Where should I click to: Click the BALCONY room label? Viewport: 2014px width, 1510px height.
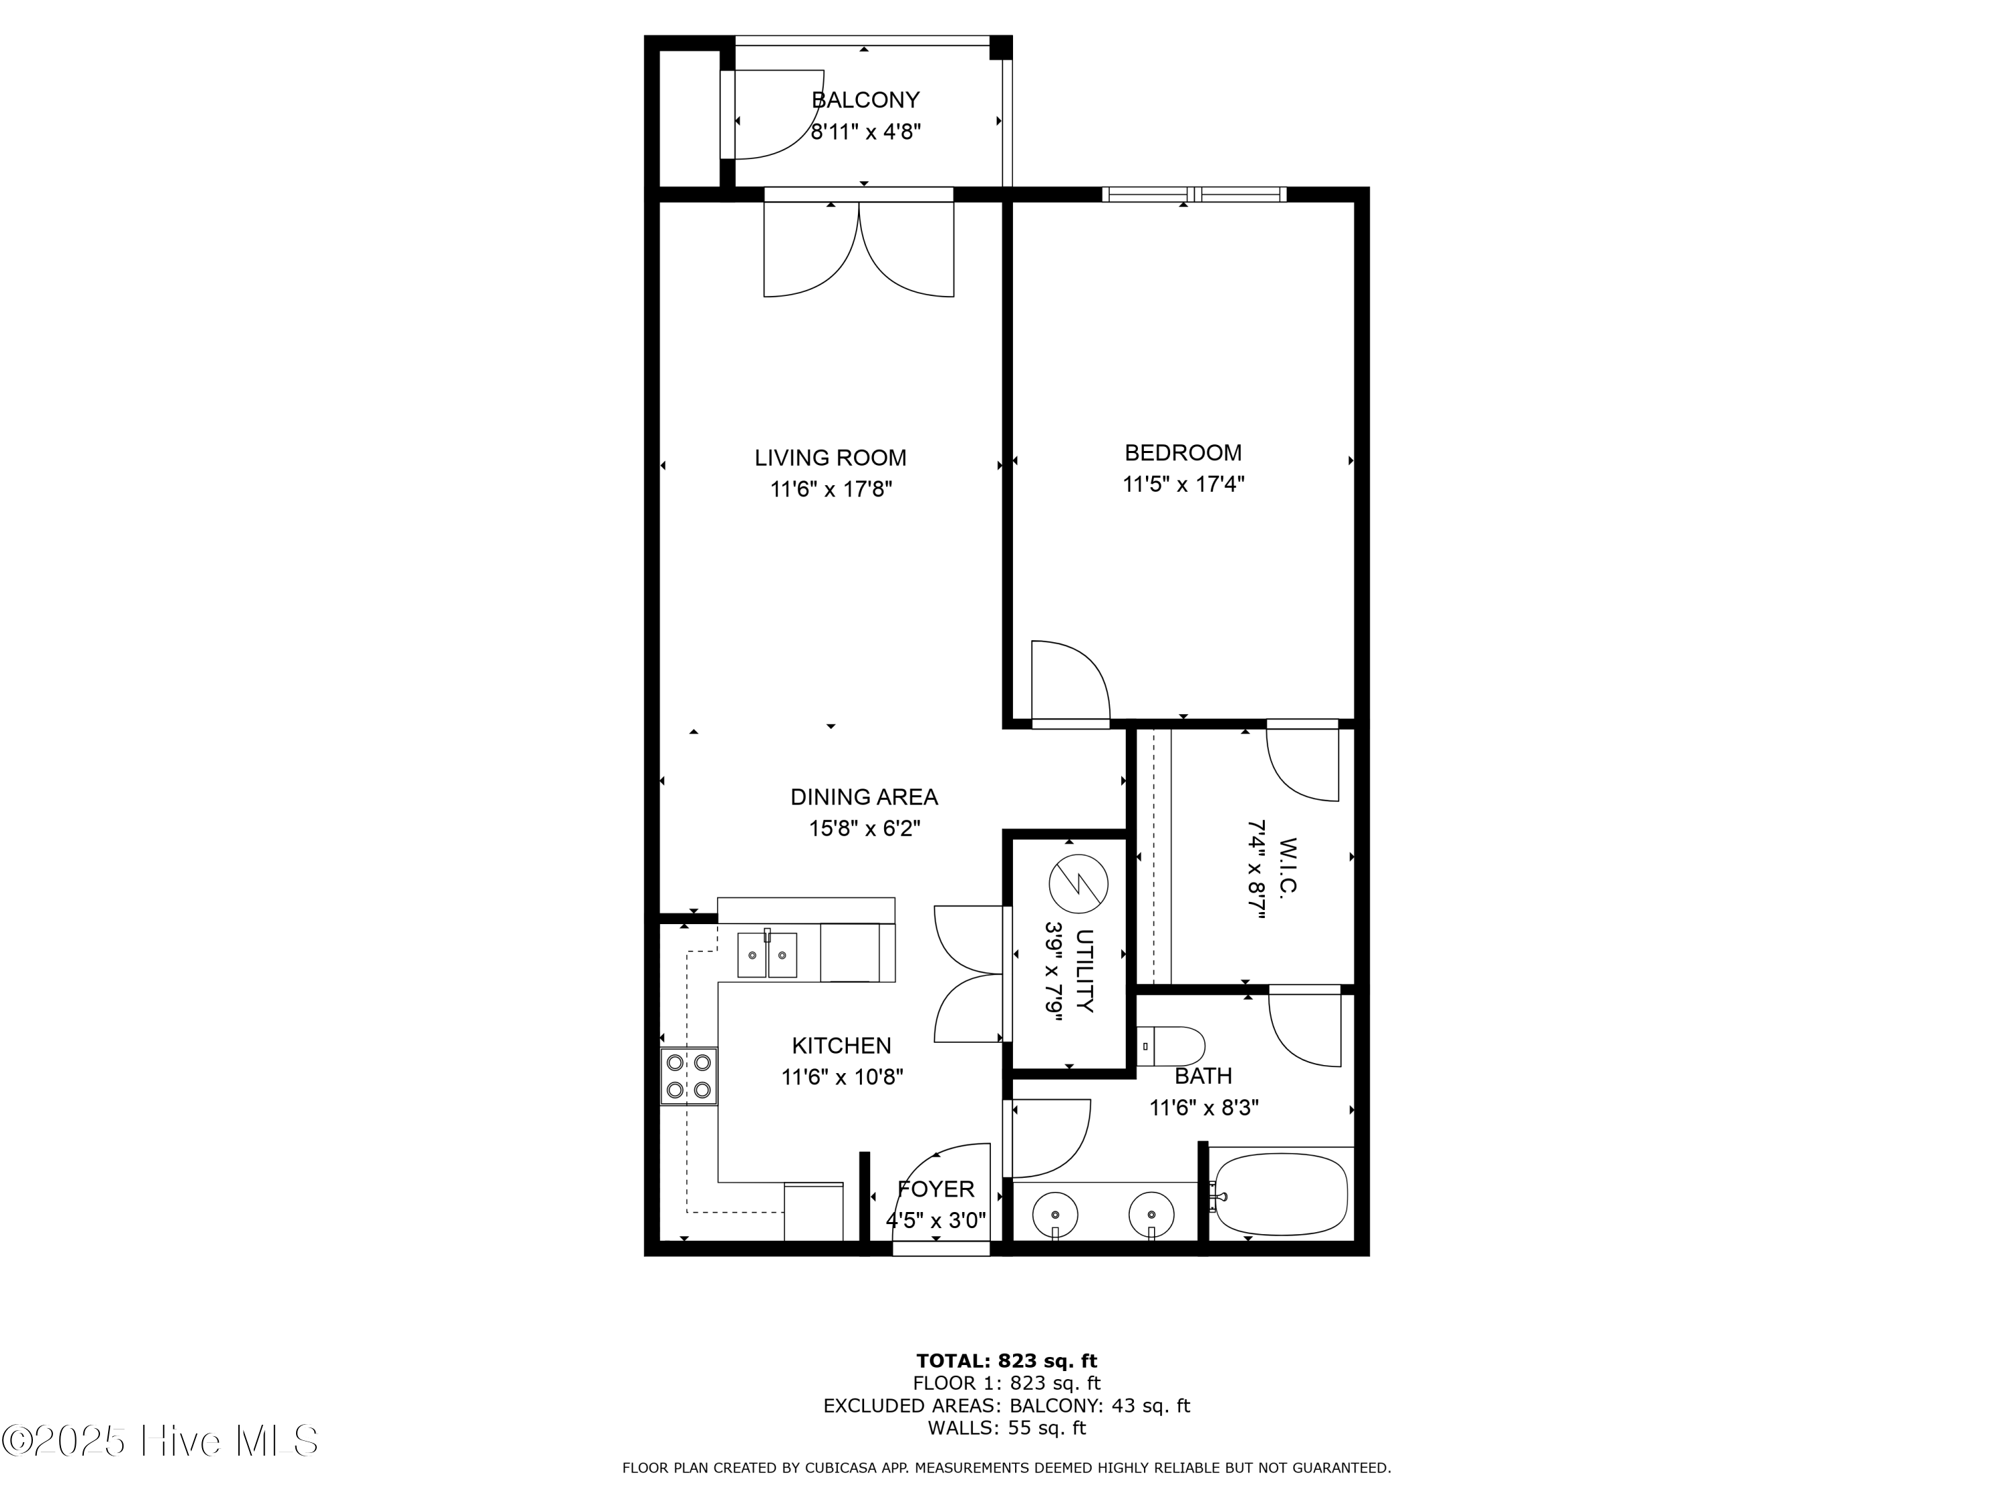coord(865,100)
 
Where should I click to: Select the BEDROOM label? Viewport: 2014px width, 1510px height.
coord(1183,452)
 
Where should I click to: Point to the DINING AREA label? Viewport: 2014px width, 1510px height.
coord(863,797)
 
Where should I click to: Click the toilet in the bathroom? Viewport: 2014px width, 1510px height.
coord(1171,1047)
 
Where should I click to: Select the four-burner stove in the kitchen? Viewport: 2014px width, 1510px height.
coord(688,1076)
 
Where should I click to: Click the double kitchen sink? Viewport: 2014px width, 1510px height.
coord(767,955)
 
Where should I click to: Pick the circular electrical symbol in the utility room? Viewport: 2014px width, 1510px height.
coord(1078,884)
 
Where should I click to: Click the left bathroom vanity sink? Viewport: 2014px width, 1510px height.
coord(1055,1214)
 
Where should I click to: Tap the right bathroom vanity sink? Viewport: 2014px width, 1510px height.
coord(1151,1214)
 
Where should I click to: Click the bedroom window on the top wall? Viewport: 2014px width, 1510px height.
coord(1194,194)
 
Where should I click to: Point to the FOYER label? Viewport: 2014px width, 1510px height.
coord(935,1189)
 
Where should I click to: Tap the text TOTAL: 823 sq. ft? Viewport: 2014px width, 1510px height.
coord(1006,1361)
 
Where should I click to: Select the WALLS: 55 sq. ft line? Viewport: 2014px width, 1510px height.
coord(1006,1428)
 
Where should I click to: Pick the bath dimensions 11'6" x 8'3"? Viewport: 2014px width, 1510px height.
coord(1203,1109)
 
